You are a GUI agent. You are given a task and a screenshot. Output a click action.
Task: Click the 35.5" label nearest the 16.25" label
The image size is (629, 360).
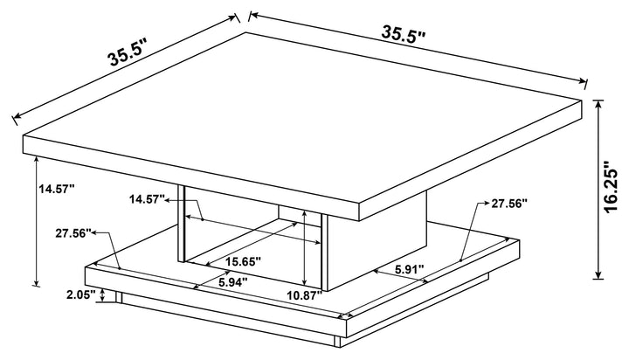402,35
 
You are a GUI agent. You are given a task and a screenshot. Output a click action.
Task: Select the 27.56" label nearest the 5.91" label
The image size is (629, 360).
509,204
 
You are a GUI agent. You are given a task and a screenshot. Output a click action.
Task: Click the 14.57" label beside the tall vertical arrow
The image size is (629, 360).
57,187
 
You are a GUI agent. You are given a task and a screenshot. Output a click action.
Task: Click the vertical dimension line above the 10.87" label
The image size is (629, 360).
303,253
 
